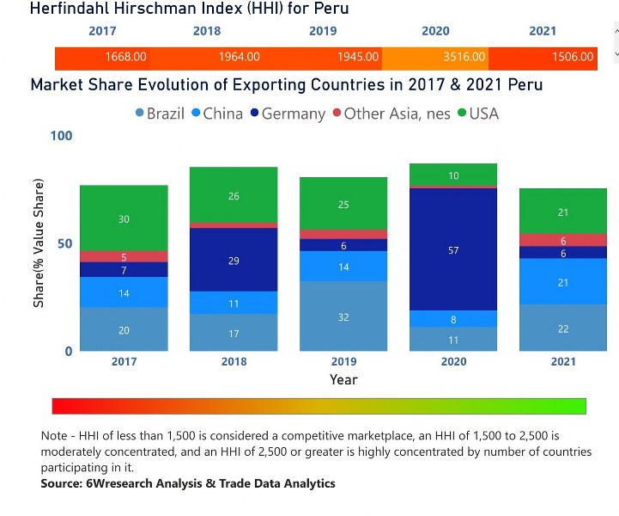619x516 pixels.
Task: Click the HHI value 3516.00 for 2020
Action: [464, 58]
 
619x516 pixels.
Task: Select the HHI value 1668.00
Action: [125, 58]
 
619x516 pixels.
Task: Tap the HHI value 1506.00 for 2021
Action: [573, 58]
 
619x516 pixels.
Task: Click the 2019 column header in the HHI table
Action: [323, 31]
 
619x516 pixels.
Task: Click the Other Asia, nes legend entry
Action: [391, 114]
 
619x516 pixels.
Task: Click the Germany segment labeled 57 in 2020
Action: [453, 249]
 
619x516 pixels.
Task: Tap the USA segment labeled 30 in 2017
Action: [124, 218]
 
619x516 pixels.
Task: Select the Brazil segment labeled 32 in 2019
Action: [343, 316]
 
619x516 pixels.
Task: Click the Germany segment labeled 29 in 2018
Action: [234, 260]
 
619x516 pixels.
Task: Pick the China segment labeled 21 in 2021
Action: [563, 282]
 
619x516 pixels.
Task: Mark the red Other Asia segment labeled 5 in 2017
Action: [124, 256]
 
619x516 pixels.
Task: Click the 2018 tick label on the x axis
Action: [234, 362]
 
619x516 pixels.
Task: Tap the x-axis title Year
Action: [343, 379]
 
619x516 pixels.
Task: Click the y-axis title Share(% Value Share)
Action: [39, 243]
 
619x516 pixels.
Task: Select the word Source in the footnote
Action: [64, 483]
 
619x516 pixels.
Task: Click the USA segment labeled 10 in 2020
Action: [453, 175]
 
